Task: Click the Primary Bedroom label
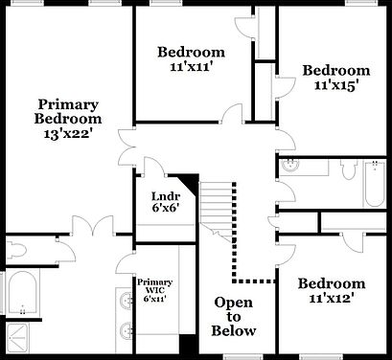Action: [x=68, y=111]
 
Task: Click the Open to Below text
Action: [x=235, y=317]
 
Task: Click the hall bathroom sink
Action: [x=291, y=168]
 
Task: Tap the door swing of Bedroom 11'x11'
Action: [x=229, y=114]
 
